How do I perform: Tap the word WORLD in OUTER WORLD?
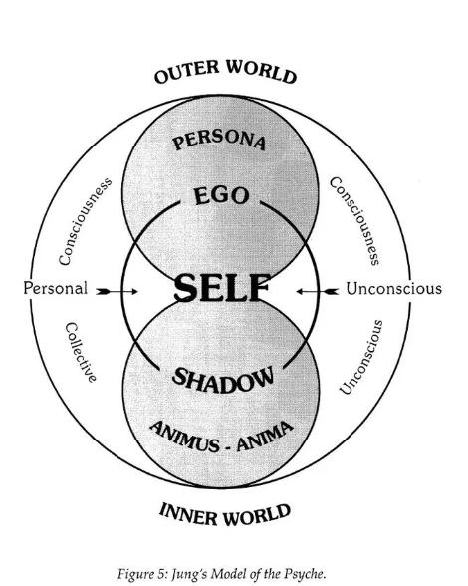[262, 71]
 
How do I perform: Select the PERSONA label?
[220, 140]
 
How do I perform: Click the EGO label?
[221, 196]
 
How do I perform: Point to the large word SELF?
[222, 287]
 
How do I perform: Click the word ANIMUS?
[184, 437]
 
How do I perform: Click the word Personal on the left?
[56, 288]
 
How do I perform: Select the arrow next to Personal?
[117, 291]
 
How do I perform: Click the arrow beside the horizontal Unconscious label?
[318, 291]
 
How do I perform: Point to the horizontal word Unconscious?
[393, 289]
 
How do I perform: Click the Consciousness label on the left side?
[85, 221]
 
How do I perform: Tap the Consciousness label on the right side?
[354, 221]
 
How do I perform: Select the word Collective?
[81, 353]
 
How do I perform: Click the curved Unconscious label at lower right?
[361, 357]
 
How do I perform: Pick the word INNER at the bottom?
[190, 514]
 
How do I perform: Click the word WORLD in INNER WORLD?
[258, 514]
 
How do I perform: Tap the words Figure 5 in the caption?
[143, 573]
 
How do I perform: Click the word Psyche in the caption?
[310, 574]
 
